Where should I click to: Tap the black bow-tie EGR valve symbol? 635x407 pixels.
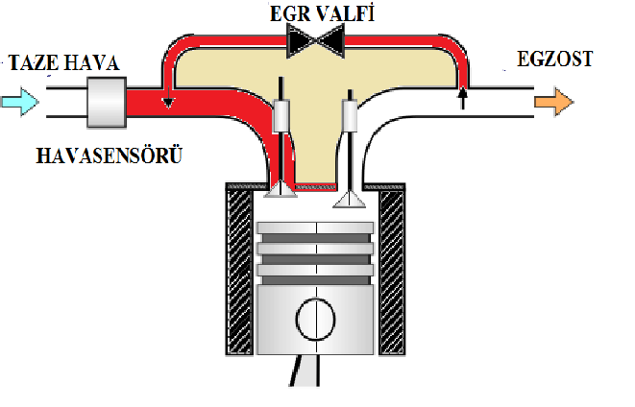tap(318, 40)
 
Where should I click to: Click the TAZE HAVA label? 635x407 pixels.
tap(63, 64)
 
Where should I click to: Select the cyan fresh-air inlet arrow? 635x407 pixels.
tap(20, 99)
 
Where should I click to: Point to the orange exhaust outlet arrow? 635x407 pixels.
tap(554, 100)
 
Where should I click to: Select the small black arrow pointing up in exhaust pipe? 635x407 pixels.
tap(462, 96)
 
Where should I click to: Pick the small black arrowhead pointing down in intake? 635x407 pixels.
tap(168, 103)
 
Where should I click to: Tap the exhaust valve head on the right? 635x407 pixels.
tap(349, 199)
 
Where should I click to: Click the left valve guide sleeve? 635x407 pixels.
tap(282, 117)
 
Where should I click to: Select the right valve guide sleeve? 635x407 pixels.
tap(351, 117)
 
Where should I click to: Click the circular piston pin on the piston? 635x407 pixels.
tap(315, 319)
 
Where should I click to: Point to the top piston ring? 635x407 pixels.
tap(315, 233)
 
